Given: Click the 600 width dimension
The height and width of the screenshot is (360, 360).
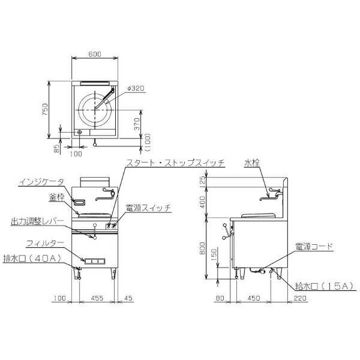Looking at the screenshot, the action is click(95, 54).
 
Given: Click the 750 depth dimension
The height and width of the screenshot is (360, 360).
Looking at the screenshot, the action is click(45, 109).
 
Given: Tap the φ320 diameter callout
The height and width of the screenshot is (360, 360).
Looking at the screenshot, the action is click(136, 88).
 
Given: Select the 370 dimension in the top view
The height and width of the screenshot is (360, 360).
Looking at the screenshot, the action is click(137, 124).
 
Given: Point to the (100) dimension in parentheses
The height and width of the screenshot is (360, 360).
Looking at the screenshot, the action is click(148, 142).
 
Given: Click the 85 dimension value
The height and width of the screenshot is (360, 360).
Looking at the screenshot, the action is click(56, 148).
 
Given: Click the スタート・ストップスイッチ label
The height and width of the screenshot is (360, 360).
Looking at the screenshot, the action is click(175, 163).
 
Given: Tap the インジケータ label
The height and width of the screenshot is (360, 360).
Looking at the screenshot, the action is click(41, 182).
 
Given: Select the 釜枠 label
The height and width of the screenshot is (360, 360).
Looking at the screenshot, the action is click(56, 197).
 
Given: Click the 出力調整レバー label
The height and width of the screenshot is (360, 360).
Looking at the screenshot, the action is click(37, 221).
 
